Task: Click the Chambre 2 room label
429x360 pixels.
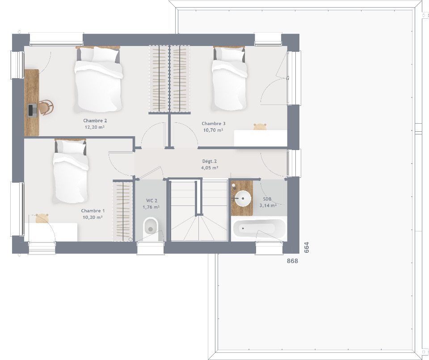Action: coord(95,121)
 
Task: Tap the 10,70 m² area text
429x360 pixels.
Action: coord(213,130)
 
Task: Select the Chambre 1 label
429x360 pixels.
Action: coord(93,211)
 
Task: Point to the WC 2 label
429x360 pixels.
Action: coord(151,201)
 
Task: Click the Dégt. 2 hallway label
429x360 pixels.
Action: coord(209,161)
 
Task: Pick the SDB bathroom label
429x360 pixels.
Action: coord(267,199)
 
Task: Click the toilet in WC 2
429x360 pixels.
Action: coord(151,228)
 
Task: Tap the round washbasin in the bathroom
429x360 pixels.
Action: coord(243,198)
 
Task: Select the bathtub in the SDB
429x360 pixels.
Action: coord(259,228)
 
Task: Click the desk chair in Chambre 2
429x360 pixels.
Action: coord(46,107)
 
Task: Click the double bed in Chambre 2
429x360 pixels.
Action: coord(98,80)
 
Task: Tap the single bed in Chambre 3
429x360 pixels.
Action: coord(229,79)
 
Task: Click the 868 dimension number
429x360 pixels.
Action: coord(292,261)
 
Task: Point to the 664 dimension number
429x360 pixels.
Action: coord(307,247)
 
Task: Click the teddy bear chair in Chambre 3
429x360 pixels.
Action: coord(260,127)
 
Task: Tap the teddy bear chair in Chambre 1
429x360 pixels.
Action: coord(42,218)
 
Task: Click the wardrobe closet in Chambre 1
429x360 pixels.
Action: coord(122,211)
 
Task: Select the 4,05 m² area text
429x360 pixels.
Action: coord(210,167)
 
